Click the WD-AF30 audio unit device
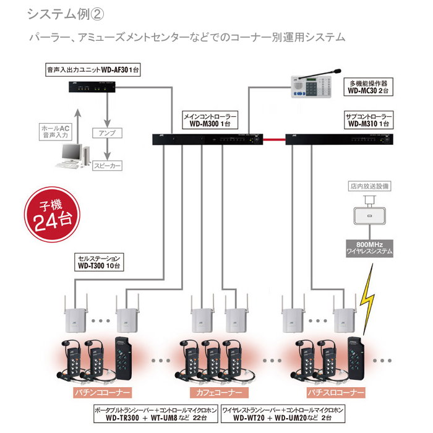[x=92, y=88]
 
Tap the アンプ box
[x=108, y=133]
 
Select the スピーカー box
[x=108, y=166]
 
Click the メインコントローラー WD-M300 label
[x=211, y=119]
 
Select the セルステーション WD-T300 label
[x=102, y=262]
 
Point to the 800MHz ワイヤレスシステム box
[x=370, y=248]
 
